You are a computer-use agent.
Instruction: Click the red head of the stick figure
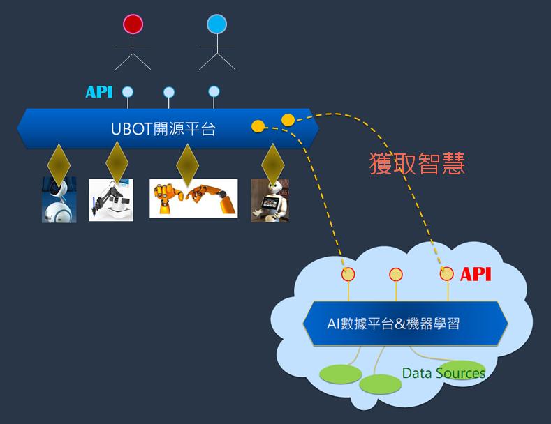click(133, 25)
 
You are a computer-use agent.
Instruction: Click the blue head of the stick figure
click(216, 25)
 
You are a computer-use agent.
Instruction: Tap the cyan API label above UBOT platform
click(98, 92)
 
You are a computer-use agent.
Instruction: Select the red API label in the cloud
click(476, 274)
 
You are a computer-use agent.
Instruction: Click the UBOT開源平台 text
click(163, 129)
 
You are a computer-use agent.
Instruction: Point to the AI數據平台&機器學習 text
click(393, 323)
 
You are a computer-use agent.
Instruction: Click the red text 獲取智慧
click(417, 163)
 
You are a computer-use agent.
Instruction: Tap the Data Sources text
click(443, 373)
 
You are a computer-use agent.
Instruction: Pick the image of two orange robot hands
click(193, 198)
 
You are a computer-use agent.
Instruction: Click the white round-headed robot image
click(59, 200)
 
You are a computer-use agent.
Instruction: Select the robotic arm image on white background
click(110, 200)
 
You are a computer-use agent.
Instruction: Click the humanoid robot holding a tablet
click(270, 200)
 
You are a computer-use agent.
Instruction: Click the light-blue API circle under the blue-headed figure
click(214, 91)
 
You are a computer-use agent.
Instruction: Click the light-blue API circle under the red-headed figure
click(127, 91)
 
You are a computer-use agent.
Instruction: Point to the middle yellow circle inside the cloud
click(396, 275)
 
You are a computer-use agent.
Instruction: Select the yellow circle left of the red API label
click(446, 274)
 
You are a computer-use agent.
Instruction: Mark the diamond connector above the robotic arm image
click(117, 162)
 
